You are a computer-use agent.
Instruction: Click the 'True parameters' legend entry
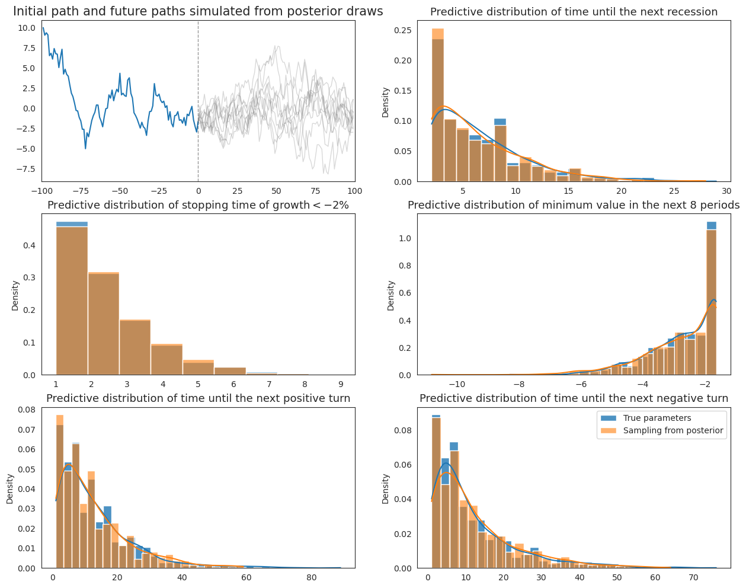click(657, 418)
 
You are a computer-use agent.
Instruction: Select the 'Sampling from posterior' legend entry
click(673, 431)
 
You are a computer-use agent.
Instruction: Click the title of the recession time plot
click(573, 12)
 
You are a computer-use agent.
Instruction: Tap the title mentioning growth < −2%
click(198, 205)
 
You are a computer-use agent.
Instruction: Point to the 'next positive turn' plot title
click(198, 398)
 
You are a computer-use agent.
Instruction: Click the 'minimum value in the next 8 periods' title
click(573, 205)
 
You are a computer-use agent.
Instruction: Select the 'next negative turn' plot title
click(573, 398)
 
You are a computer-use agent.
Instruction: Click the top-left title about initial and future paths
click(198, 11)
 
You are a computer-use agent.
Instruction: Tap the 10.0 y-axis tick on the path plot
click(27, 28)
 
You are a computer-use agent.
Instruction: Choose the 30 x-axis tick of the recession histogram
click(726, 191)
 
